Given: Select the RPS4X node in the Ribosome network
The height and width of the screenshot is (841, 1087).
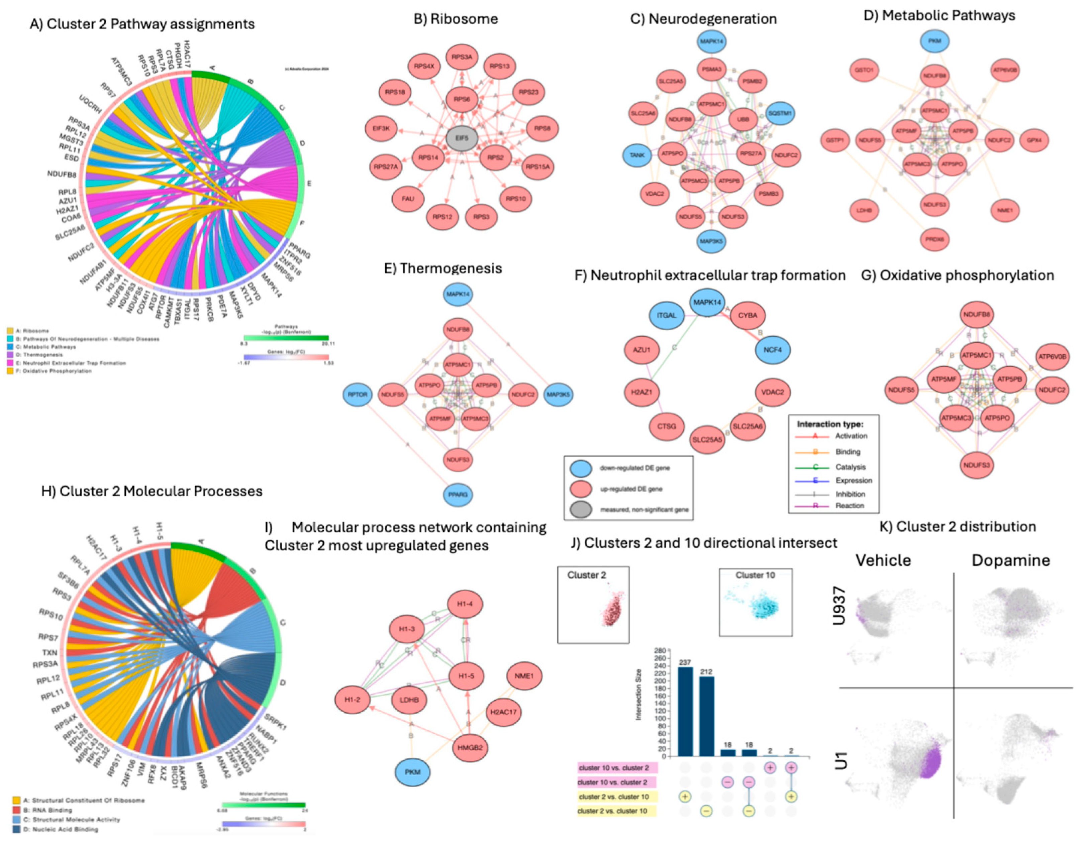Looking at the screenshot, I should pos(424,66).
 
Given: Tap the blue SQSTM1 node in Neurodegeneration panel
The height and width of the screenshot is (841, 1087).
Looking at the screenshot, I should pos(779,113).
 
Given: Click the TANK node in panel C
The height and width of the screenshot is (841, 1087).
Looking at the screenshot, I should pos(637,155).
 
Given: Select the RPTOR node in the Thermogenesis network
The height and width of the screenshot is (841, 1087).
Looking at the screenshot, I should pos(357,395).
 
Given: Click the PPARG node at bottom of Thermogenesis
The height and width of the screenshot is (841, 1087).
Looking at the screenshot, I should pos(458,495).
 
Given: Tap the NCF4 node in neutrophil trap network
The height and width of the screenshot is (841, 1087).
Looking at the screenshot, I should pos(773,350).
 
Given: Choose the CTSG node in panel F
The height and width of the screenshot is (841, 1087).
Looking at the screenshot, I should pos(667,426).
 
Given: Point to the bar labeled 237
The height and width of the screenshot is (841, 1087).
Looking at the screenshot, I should pos(685,711).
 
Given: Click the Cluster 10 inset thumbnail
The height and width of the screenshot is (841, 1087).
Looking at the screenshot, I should pos(755,603).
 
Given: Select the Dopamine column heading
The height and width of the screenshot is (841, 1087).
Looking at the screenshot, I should pos(1010,560).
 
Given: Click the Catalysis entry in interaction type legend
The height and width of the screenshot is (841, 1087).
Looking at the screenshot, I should pos(850,467).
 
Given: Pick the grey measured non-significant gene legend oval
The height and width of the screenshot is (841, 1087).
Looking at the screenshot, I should pos(580,510).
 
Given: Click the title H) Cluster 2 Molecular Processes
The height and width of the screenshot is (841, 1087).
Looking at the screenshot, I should pos(152,491).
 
